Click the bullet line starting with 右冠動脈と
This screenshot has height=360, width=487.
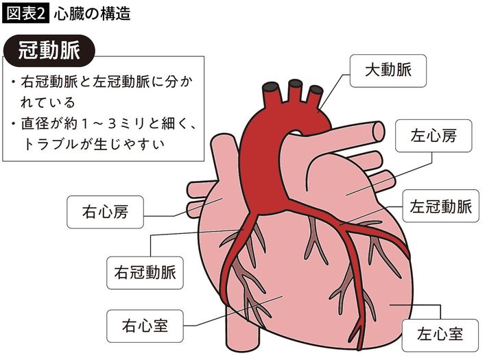pyautogui.click(x=103, y=82)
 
